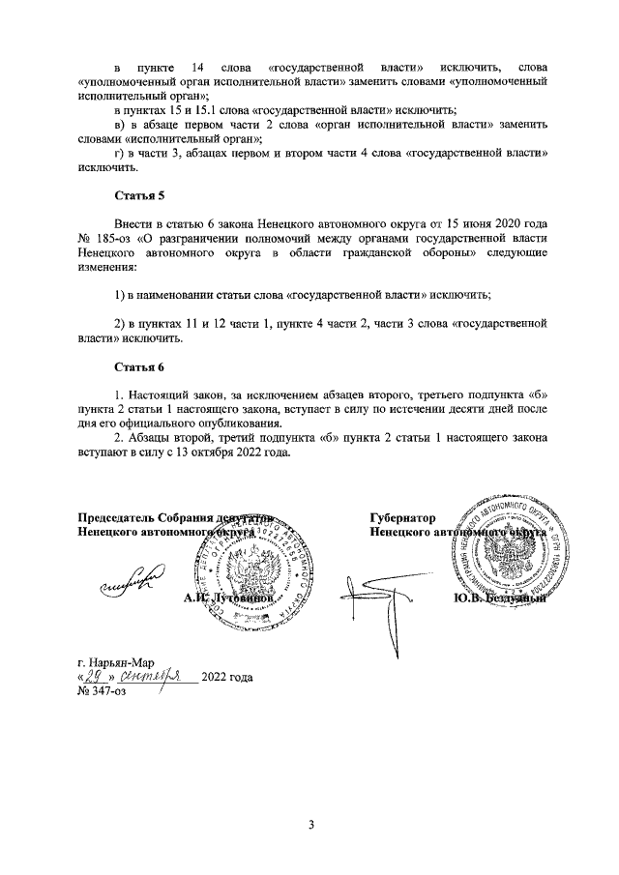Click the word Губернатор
coord(402,518)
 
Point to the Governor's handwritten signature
coord(368,592)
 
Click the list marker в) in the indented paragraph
coord(120,126)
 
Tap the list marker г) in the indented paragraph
coord(120,154)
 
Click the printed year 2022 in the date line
coord(215,678)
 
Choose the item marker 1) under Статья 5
coord(119,293)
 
